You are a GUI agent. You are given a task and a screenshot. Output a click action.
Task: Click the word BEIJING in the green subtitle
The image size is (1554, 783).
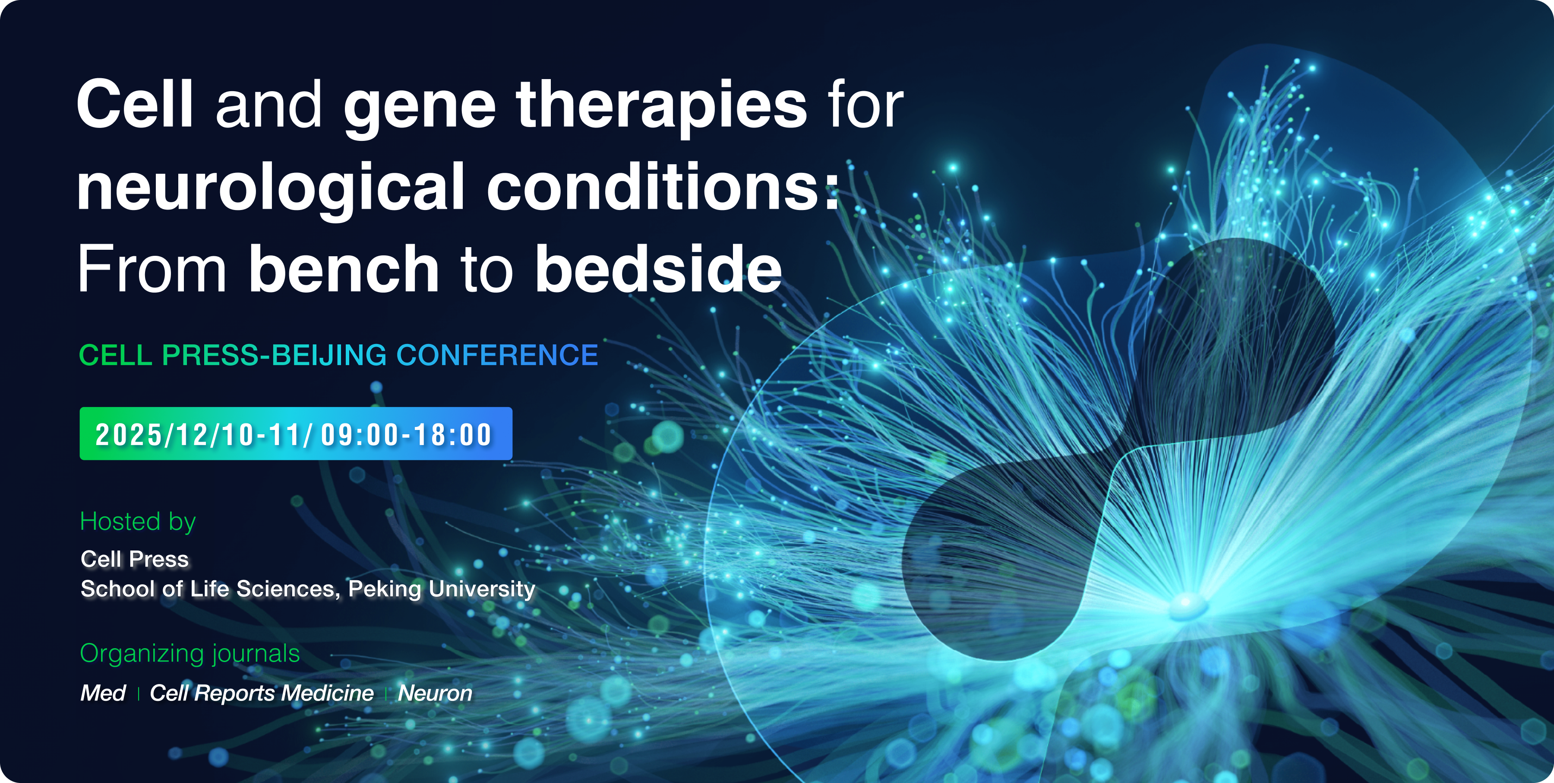(329, 355)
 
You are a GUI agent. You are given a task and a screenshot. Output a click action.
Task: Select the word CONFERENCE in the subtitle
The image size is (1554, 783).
(497, 354)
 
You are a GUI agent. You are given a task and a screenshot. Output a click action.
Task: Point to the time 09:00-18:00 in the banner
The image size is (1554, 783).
(407, 435)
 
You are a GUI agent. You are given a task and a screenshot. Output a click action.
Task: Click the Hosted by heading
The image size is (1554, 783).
(138, 522)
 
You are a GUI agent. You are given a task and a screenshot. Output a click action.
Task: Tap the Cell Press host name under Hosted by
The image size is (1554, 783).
(135, 559)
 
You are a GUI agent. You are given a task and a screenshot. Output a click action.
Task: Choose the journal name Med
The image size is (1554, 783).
(103, 693)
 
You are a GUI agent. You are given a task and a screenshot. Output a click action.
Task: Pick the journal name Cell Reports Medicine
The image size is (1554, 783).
(262, 694)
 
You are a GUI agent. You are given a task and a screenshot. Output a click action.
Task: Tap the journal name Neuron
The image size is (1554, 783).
(435, 693)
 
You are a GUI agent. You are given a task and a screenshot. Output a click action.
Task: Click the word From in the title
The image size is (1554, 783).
(152, 269)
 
